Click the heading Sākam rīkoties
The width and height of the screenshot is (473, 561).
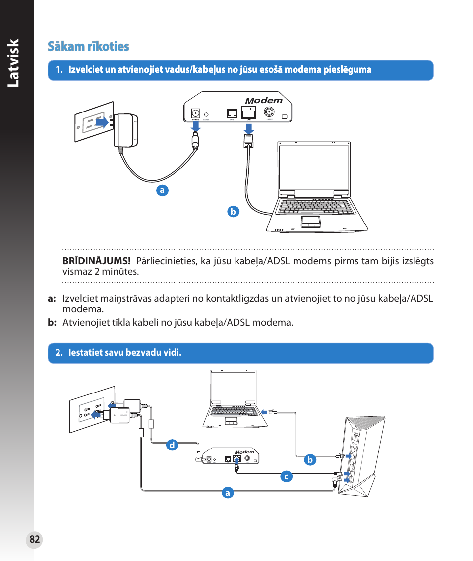pyautogui.click(x=88, y=47)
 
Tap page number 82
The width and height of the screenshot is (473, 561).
pyautogui.click(x=34, y=540)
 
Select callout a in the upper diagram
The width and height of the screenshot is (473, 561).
pyautogui.click(x=161, y=190)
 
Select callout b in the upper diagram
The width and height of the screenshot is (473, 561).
pyautogui.click(x=233, y=212)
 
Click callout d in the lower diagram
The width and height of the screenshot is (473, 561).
pyautogui.click(x=172, y=445)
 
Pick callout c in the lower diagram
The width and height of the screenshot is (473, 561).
pyautogui.click(x=285, y=477)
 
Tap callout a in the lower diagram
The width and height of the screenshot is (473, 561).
pyautogui.click(x=227, y=493)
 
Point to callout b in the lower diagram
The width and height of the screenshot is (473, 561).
pyautogui.click(x=310, y=460)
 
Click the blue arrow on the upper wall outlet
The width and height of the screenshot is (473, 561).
pyautogui.click(x=102, y=122)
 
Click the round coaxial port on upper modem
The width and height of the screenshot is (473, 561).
pyautogui.click(x=270, y=112)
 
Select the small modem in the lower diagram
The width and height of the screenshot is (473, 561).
pyautogui.click(x=232, y=456)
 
